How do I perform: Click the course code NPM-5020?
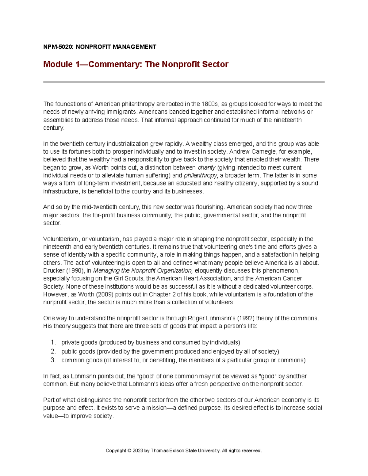(x=58, y=47)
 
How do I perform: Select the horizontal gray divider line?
(x=184, y=82)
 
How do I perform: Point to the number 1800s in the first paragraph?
(x=209, y=104)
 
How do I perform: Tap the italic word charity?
(x=206, y=168)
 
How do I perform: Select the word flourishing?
(x=208, y=207)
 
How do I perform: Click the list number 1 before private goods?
(x=53, y=342)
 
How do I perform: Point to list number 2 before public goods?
(x=53, y=351)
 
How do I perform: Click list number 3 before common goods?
(x=53, y=360)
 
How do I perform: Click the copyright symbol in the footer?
(x=129, y=451)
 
